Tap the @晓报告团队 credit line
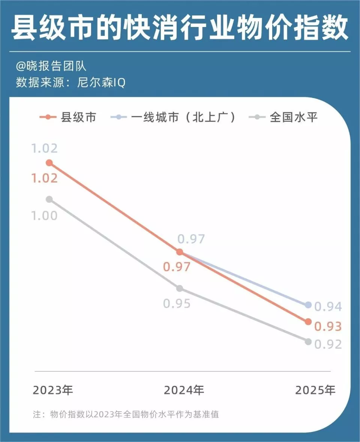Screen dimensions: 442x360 click(51, 66)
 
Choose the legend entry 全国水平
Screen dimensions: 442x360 click(284, 117)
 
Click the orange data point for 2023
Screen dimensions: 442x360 click(49, 163)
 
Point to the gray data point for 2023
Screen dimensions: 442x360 click(49, 199)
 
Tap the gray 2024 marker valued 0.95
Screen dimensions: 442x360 click(180, 288)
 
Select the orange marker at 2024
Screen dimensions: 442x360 click(180, 252)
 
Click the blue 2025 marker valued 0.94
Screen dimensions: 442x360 click(308, 305)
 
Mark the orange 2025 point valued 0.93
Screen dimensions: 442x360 click(308, 322)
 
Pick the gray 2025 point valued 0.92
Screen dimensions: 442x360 click(308, 342)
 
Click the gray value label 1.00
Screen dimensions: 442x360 click(44, 216)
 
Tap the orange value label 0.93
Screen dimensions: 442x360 click(328, 327)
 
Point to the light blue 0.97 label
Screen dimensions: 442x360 click(191, 239)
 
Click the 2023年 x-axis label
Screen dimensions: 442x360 click(53, 390)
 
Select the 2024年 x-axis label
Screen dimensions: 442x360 click(184, 390)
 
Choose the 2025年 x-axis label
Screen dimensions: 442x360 click(315, 390)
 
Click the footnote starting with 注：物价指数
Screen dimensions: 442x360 click(126, 415)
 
